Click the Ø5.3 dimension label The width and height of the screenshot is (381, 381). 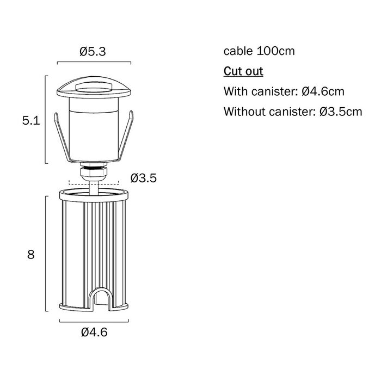(93, 52)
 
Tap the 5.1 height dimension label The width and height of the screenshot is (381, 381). (31, 120)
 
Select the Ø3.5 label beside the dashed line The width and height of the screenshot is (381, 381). (143, 178)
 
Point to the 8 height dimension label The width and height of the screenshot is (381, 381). (31, 255)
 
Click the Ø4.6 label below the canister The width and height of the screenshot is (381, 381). (94, 332)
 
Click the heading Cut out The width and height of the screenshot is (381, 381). (243, 71)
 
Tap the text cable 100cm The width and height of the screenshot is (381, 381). (259, 51)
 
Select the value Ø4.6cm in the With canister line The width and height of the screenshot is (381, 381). (323, 91)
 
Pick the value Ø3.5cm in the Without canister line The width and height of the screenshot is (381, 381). (341, 112)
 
